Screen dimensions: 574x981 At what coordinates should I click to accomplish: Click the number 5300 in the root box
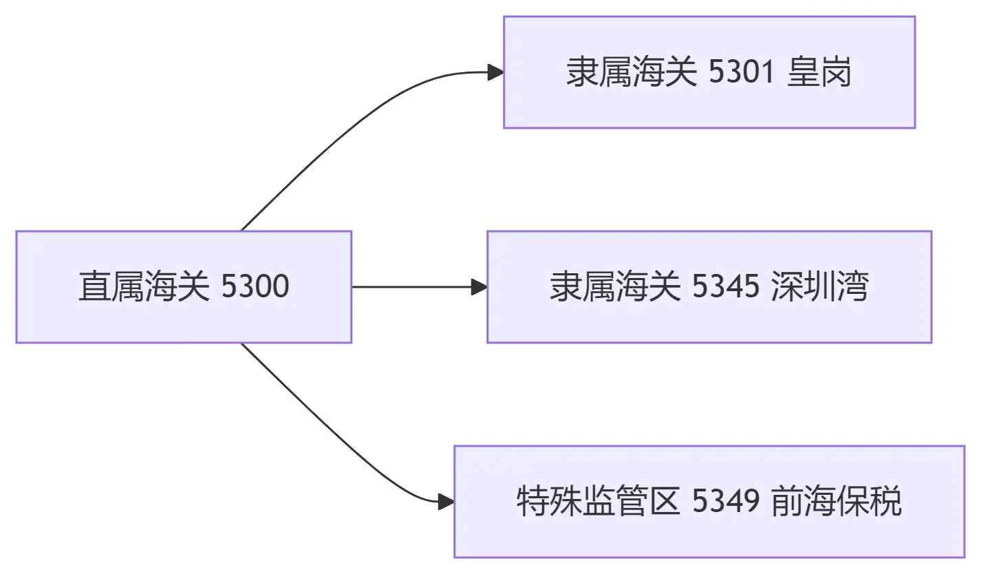(x=255, y=287)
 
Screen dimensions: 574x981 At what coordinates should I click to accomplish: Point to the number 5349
(x=726, y=502)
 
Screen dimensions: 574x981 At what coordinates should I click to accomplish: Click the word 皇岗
(x=819, y=72)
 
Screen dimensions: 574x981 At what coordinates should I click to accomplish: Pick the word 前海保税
(x=836, y=502)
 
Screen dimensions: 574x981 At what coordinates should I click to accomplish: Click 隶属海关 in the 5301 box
(x=632, y=72)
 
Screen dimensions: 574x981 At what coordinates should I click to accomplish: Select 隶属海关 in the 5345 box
(x=615, y=287)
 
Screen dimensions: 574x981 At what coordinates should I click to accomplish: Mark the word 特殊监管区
(x=599, y=502)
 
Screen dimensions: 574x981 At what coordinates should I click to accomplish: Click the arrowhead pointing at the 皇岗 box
(x=496, y=72)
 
